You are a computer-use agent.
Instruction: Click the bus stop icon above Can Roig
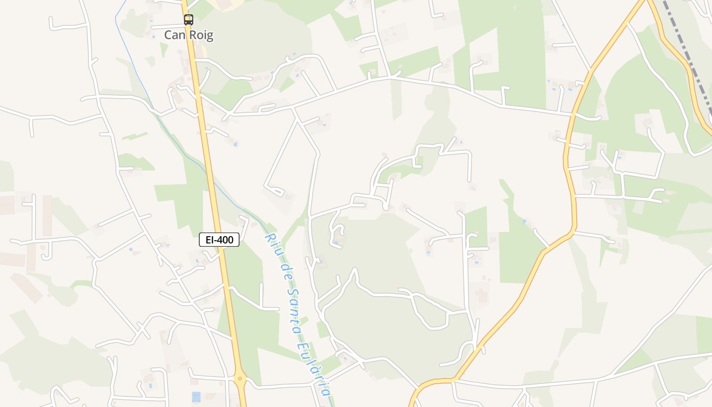[x=188, y=20]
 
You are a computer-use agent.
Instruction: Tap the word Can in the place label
[x=174, y=35]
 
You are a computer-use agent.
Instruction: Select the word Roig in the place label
[x=200, y=35]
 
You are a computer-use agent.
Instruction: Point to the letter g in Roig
[x=209, y=36]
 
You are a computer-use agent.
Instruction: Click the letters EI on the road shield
[x=209, y=240]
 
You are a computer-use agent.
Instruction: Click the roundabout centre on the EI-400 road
[x=241, y=379]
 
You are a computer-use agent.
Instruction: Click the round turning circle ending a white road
[x=386, y=207]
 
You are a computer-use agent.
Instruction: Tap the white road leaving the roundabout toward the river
[x=285, y=385]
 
